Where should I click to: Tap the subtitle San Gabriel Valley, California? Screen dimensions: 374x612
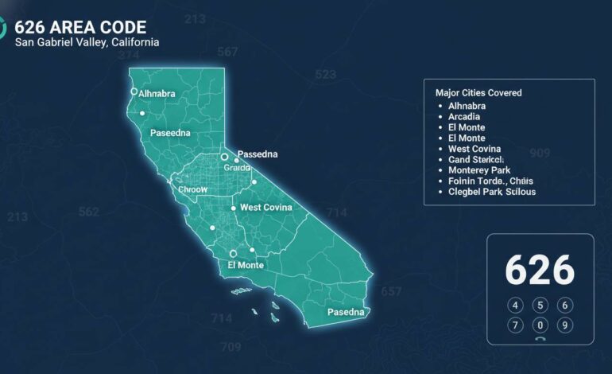coord(87,41)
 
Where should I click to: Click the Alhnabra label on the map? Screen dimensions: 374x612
coord(157,93)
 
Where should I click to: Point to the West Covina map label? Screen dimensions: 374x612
coord(266,208)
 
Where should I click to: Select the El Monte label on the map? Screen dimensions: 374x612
coord(246,265)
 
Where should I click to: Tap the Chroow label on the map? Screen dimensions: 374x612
coord(192,190)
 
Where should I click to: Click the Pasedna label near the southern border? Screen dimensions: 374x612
coord(346,312)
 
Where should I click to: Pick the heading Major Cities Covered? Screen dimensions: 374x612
coord(478,93)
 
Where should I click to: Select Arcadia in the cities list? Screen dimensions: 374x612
coord(464,117)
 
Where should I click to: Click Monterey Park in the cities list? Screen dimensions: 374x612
coord(479,170)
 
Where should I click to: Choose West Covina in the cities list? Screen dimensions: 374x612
coord(474,149)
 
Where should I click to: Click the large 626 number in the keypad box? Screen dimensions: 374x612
coord(540,271)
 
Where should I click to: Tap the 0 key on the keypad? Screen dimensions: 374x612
coord(540,325)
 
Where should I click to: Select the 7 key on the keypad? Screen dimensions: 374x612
coord(516,325)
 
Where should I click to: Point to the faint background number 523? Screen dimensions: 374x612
coord(325,74)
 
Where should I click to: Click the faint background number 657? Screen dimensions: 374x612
coord(391,292)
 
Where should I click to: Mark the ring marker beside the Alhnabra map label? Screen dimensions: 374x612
coord(134,92)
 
